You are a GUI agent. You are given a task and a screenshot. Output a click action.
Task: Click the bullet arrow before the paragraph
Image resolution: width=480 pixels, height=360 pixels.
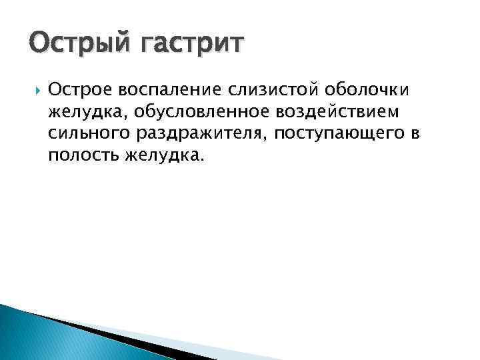point(35,89)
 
